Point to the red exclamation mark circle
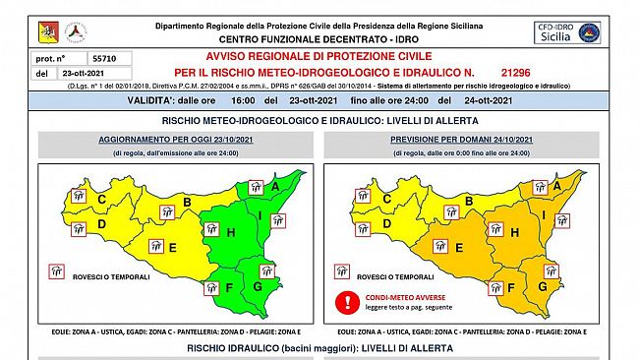pyautogui.click(x=345, y=302)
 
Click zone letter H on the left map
pyautogui.click(x=230, y=232)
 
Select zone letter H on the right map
pyautogui.click(x=515, y=232)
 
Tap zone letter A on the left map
pyautogui.click(x=275, y=185)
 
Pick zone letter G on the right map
pyautogui.click(x=542, y=286)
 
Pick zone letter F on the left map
pyautogui.click(x=228, y=288)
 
